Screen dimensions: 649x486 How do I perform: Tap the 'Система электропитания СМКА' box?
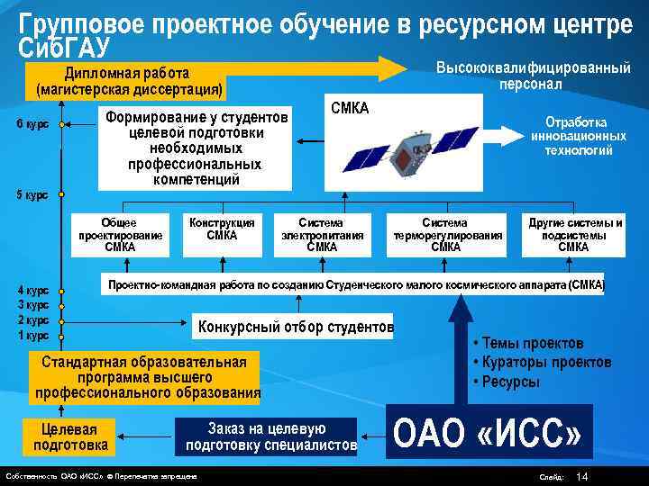pos(322,234)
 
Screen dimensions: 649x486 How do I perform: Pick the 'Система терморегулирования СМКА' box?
pos(445,234)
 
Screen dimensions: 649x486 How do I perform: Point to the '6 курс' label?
pos(32,124)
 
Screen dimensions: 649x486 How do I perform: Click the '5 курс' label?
pos(32,194)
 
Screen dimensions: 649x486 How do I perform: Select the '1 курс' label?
pos(33,336)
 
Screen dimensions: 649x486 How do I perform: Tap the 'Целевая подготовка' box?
pos(70,436)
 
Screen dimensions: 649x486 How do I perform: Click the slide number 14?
pos(581,476)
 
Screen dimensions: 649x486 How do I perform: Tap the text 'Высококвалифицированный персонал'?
pos(532,76)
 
